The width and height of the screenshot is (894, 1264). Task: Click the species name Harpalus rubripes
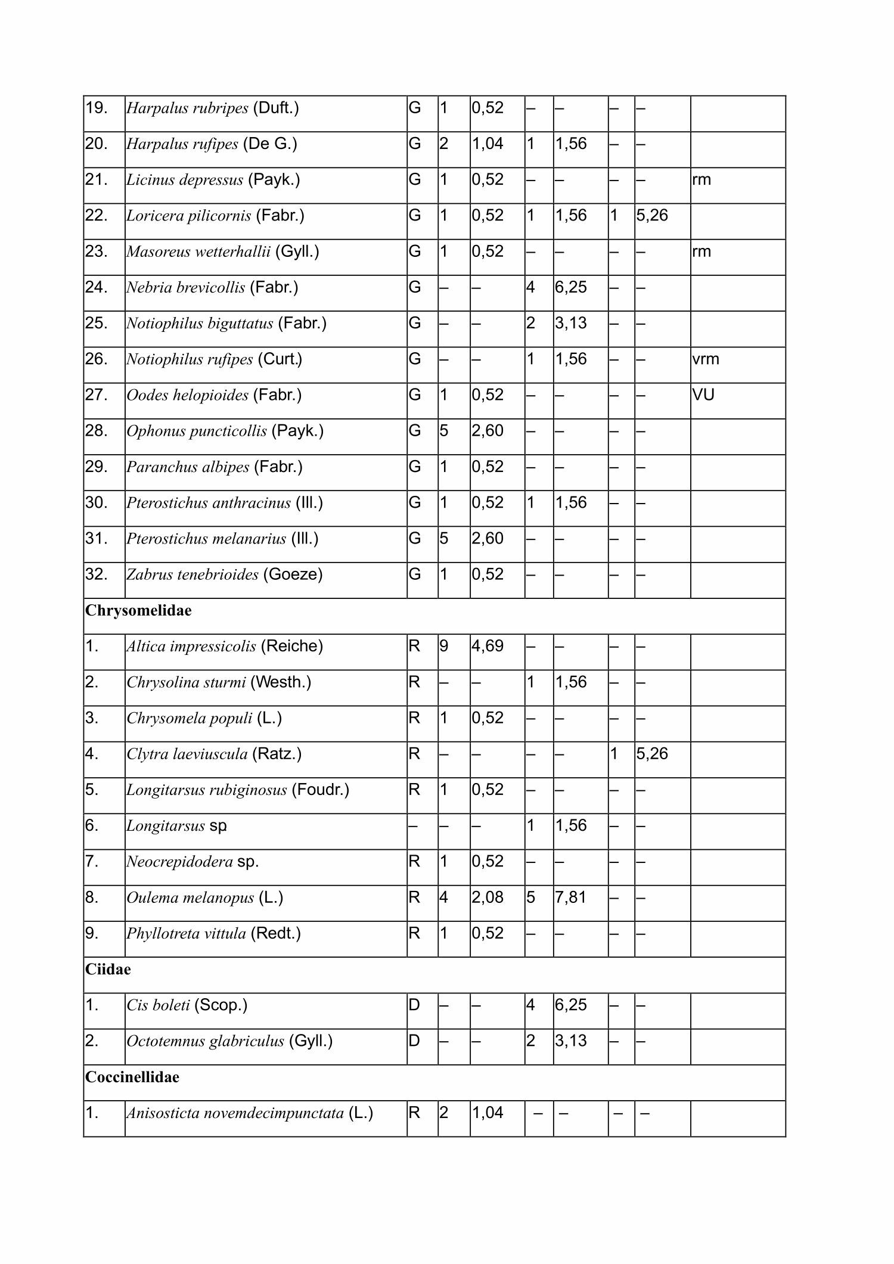pos(187,108)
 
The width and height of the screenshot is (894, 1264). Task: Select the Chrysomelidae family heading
pos(138,611)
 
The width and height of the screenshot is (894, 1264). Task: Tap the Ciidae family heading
pos(108,970)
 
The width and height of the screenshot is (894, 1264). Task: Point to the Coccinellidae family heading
pos(132,1077)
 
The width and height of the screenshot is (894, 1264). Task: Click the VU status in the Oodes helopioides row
pos(703,395)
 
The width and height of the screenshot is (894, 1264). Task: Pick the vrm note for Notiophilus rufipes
pos(706,359)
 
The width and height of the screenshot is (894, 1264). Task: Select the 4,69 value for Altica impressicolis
pos(488,647)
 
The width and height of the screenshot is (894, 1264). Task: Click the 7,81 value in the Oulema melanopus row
pos(571,897)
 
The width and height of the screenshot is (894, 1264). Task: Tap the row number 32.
pos(97,574)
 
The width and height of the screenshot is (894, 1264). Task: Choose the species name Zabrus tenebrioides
pos(193,575)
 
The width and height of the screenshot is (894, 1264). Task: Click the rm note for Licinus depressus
pos(701,180)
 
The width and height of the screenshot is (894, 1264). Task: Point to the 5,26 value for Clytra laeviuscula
pos(652,754)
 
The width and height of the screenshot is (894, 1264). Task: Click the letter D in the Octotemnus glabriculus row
pos(414,1041)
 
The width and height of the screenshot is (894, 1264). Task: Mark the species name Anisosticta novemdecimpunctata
pos(235,1113)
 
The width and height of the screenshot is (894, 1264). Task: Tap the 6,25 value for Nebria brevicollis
pos(571,288)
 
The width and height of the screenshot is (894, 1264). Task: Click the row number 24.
pos(97,288)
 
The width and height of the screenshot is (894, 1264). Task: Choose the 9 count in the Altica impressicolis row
pos(443,647)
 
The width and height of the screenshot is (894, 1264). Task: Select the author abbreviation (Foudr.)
pos(320,790)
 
